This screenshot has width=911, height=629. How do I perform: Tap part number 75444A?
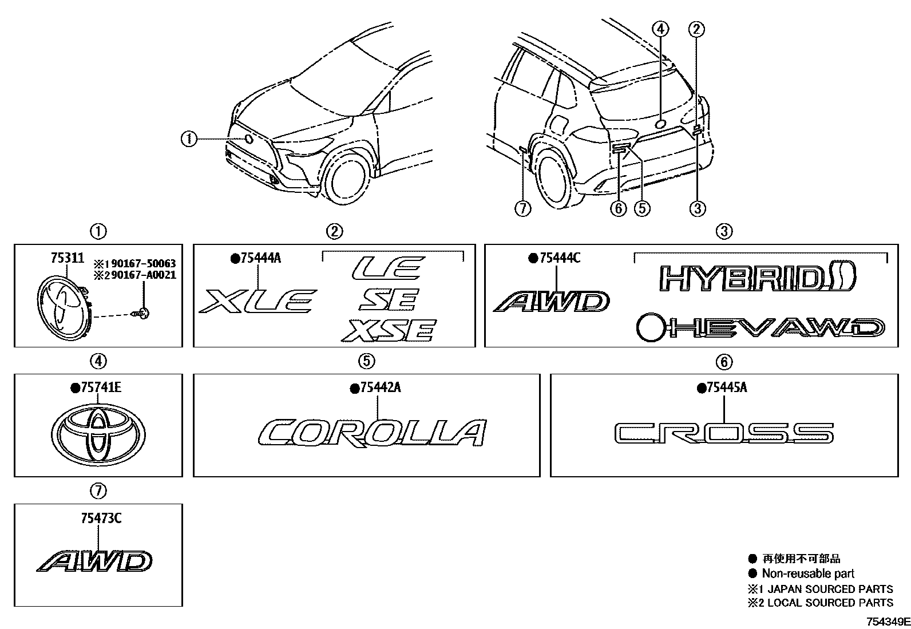[260, 258]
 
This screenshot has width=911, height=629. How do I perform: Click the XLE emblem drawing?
[257, 301]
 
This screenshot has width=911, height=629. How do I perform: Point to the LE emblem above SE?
[388, 268]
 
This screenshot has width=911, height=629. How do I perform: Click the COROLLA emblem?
[372, 433]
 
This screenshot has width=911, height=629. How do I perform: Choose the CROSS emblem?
[724, 433]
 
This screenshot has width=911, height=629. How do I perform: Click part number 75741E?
[101, 388]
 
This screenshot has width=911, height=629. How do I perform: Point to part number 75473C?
[101, 519]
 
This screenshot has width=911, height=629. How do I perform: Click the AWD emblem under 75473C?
[95, 561]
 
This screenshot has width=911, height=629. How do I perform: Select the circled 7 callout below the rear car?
[522, 209]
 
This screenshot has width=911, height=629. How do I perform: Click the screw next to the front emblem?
[142, 312]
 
